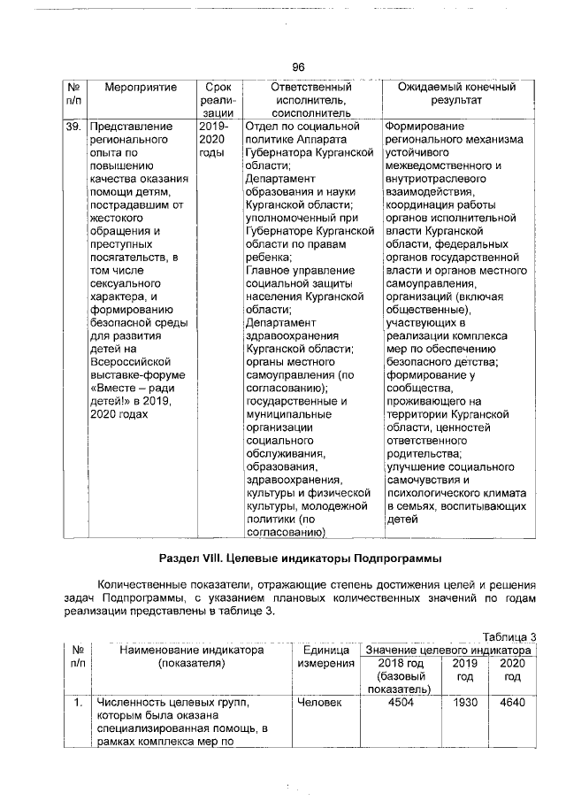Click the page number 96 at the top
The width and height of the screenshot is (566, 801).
click(298, 67)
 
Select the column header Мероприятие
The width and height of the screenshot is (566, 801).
click(141, 88)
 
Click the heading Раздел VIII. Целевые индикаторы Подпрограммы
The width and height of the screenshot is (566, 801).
click(299, 559)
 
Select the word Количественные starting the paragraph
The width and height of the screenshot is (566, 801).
click(145, 585)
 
